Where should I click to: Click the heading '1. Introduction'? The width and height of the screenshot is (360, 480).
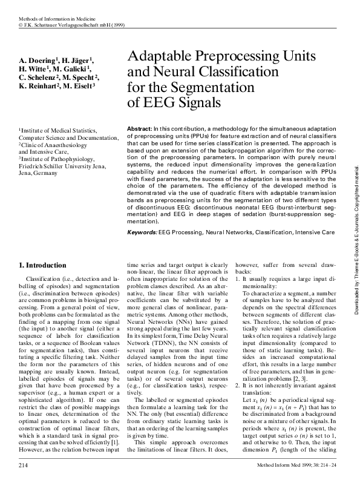(44, 265)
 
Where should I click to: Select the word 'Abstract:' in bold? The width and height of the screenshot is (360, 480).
(140, 130)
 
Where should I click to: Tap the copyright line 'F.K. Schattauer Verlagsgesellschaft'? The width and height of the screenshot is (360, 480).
(67, 26)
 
